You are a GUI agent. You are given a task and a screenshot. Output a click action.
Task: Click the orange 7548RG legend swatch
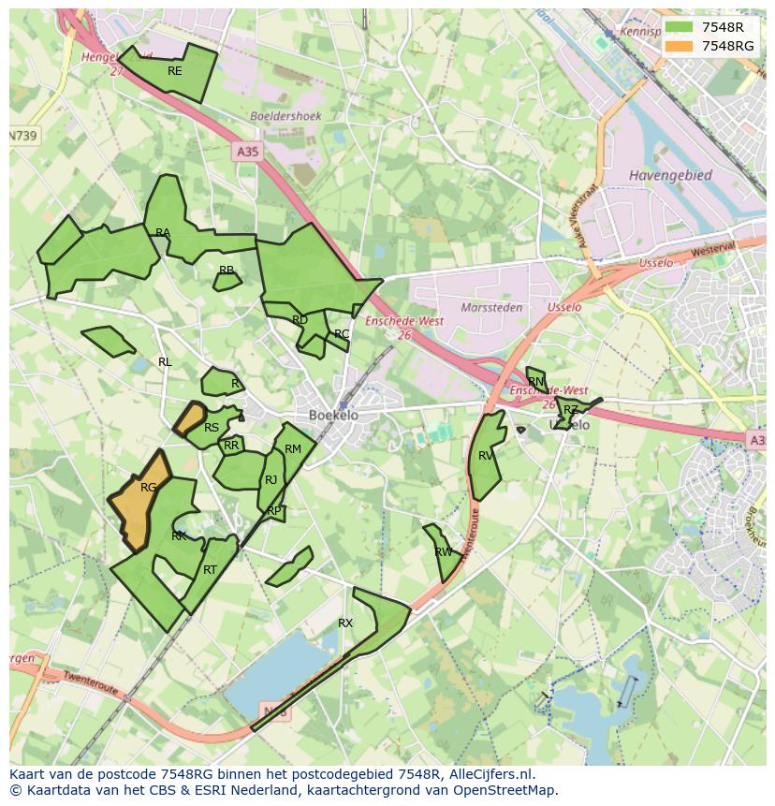click(679, 46)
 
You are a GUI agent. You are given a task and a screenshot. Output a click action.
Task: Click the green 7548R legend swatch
click(679, 27)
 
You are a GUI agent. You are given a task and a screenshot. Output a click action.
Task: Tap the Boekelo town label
click(333, 415)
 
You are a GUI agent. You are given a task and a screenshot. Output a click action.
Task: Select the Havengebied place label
click(670, 175)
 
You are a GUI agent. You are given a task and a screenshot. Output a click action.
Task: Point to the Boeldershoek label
click(285, 116)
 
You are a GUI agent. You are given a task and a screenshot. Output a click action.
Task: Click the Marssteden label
click(491, 307)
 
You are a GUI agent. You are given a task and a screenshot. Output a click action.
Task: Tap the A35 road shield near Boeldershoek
click(247, 151)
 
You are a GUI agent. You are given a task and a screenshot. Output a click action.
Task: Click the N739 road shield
click(23, 136)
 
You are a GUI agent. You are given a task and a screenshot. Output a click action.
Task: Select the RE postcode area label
click(175, 71)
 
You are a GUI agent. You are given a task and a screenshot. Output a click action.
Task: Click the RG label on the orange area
click(148, 488)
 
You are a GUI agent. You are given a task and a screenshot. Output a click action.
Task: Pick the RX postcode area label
click(345, 623)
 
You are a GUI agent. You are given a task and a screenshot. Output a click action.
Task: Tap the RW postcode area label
click(444, 552)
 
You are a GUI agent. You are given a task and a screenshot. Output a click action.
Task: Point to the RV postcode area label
click(486, 456)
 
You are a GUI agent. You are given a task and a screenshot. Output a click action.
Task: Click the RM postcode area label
click(293, 449)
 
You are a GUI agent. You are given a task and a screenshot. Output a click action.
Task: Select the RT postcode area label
click(210, 570)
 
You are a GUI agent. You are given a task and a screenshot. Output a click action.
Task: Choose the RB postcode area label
click(227, 271)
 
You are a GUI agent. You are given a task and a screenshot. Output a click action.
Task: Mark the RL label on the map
click(165, 362)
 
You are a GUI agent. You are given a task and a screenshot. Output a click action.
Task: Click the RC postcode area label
click(342, 334)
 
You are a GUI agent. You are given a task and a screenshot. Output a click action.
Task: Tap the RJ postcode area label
click(271, 480)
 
